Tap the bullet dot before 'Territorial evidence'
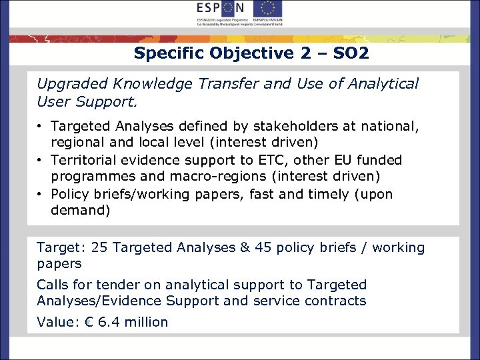[41, 161]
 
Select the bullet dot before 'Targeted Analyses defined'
[41, 126]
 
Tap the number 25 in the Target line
[99, 248]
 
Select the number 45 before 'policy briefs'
[262, 248]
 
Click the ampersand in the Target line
[244, 248]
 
